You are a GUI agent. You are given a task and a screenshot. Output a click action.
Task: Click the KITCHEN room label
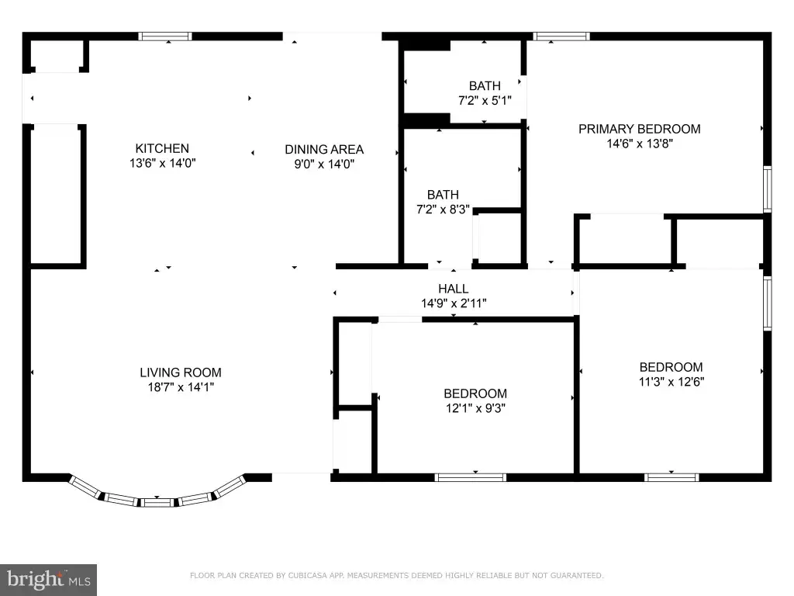click(162, 148)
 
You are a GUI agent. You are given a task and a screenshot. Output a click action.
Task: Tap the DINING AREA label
click(324, 150)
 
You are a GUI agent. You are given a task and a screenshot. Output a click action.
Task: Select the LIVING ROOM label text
click(181, 372)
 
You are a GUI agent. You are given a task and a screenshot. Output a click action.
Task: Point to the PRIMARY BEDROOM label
click(640, 130)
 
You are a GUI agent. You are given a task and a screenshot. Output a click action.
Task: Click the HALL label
click(453, 289)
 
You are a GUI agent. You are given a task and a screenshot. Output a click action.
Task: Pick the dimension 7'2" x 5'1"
click(485, 100)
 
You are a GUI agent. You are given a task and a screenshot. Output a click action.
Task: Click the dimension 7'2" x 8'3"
click(443, 210)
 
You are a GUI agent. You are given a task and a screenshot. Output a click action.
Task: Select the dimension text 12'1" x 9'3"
click(475, 408)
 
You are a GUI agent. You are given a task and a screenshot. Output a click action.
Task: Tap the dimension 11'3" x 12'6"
click(671, 382)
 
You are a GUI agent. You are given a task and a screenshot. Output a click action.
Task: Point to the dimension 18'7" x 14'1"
click(181, 387)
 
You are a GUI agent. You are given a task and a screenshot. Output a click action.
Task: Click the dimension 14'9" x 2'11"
click(454, 303)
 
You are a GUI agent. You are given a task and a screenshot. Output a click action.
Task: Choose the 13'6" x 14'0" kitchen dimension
click(163, 163)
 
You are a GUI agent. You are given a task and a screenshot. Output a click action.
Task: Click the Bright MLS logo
click(48, 580)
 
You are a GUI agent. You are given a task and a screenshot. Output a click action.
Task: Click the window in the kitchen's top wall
click(165, 36)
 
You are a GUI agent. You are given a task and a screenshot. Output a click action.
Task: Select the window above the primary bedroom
click(561, 36)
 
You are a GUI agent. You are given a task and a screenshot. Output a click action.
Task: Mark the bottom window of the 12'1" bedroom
click(471, 477)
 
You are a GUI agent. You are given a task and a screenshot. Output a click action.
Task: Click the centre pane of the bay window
click(157, 503)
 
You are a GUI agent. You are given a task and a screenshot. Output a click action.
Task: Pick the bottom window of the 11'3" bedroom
click(671, 477)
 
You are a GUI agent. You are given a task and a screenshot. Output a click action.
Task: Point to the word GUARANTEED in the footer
click(577, 575)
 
